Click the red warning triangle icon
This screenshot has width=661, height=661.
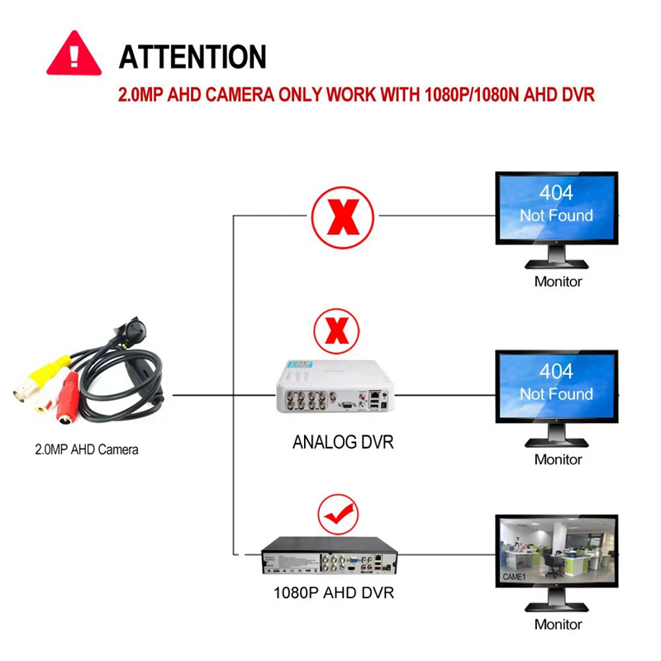(74, 54)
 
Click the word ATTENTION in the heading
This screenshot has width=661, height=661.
(193, 57)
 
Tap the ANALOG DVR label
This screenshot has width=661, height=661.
(343, 442)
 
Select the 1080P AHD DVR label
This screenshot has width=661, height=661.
(333, 593)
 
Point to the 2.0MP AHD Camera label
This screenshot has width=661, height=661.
(87, 450)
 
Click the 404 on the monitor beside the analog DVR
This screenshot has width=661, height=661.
(556, 370)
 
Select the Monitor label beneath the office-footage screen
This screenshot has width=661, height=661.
(558, 625)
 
